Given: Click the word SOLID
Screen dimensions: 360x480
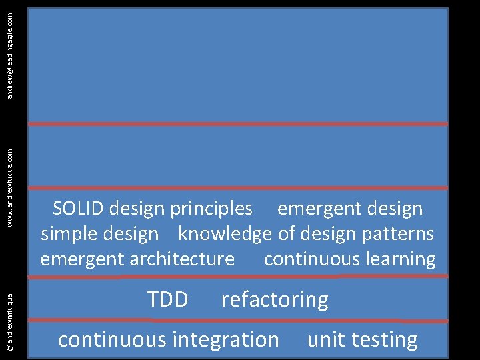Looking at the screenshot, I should click(x=78, y=209).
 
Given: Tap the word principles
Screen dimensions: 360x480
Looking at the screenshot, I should click(x=211, y=209).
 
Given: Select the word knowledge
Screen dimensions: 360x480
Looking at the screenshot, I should click(x=225, y=234).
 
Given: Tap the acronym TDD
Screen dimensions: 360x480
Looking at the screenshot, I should click(x=167, y=300).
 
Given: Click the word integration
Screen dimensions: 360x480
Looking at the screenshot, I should click(x=225, y=340).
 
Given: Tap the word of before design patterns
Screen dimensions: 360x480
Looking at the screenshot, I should click(x=285, y=234).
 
